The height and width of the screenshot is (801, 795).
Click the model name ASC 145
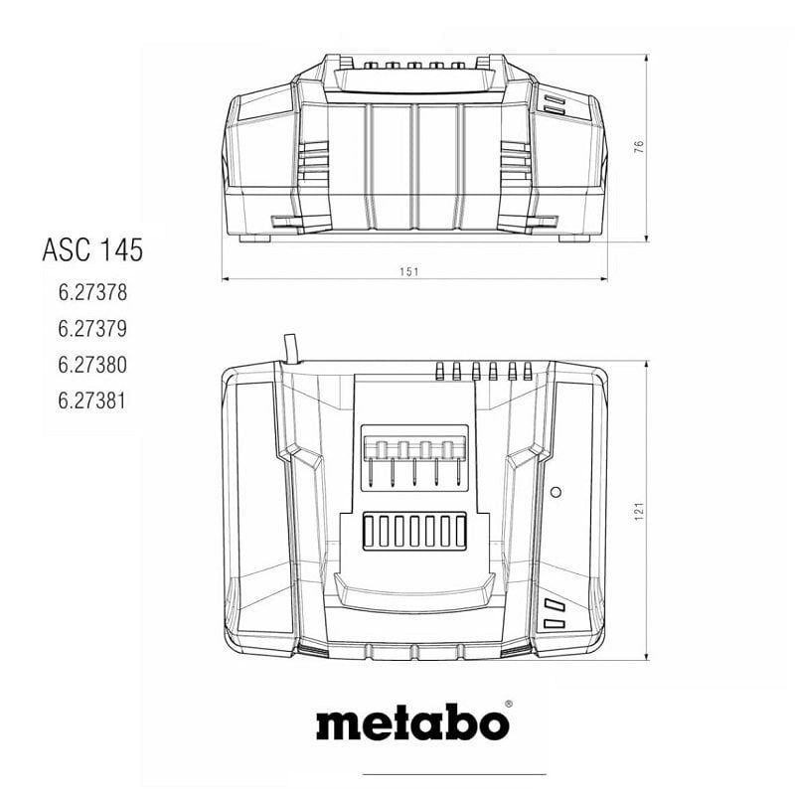[x=92, y=249]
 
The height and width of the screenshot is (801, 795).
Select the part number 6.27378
[x=92, y=293]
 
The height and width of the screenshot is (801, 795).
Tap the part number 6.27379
[x=92, y=329]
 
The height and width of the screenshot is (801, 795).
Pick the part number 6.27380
[x=92, y=365]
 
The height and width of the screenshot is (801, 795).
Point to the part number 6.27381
[x=92, y=400]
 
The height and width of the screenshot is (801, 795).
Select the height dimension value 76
[x=640, y=146]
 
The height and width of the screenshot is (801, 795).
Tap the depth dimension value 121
[x=640, y=510]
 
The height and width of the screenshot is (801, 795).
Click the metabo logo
[x=411, y=722]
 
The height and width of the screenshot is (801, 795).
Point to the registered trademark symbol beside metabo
[x=508, y=705]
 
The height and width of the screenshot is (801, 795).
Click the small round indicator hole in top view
[x=556, y=492]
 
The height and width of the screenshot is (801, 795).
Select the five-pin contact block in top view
[x=413, y=456]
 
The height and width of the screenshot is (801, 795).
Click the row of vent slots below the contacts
[x=413, y=531]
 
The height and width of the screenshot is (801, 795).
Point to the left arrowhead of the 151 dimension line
[x=226, y=279]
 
